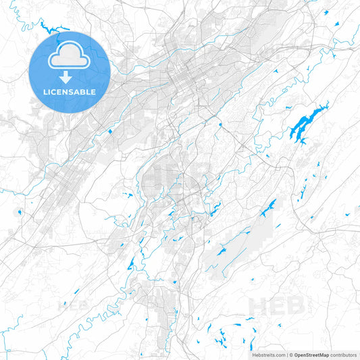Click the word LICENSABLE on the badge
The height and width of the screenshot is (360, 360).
(70, 92)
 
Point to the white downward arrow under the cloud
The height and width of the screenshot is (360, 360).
(70, 77)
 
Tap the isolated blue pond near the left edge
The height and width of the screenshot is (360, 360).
(20, 212)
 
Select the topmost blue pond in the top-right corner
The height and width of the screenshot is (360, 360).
(335, 24)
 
